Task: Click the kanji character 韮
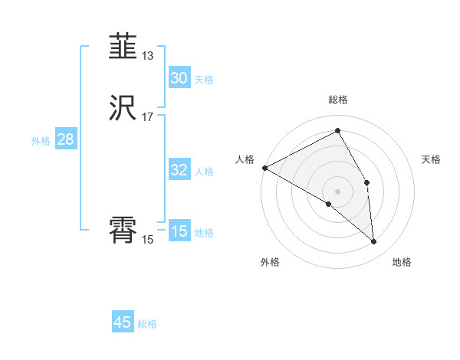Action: [x=123, y=47]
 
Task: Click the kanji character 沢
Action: [x=123, y=109]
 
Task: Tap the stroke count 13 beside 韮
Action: [x=147, y=56]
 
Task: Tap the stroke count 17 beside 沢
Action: [x=147, y=117]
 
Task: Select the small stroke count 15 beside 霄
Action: [x=147, y=240]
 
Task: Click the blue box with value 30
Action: [x=179, y=78]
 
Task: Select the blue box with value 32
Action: [x=179, y=170]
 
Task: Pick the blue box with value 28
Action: [x=65, y=139]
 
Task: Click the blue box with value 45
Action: [x=123, y=322]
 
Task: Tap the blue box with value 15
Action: [x=179, y=231]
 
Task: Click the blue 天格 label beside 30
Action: [x=204, y=80]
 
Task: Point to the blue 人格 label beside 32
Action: [x=204, y=172]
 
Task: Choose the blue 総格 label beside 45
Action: [x=147, y=324]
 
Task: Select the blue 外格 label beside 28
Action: [x=41, y=141]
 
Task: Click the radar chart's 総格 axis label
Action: [x=338, y=100]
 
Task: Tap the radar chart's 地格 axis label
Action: [x=402, y=262]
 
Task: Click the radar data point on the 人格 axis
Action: [x=264, y=168]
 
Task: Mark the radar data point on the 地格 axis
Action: [x=374, y=241]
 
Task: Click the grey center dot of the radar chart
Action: [x=338, y=191]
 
